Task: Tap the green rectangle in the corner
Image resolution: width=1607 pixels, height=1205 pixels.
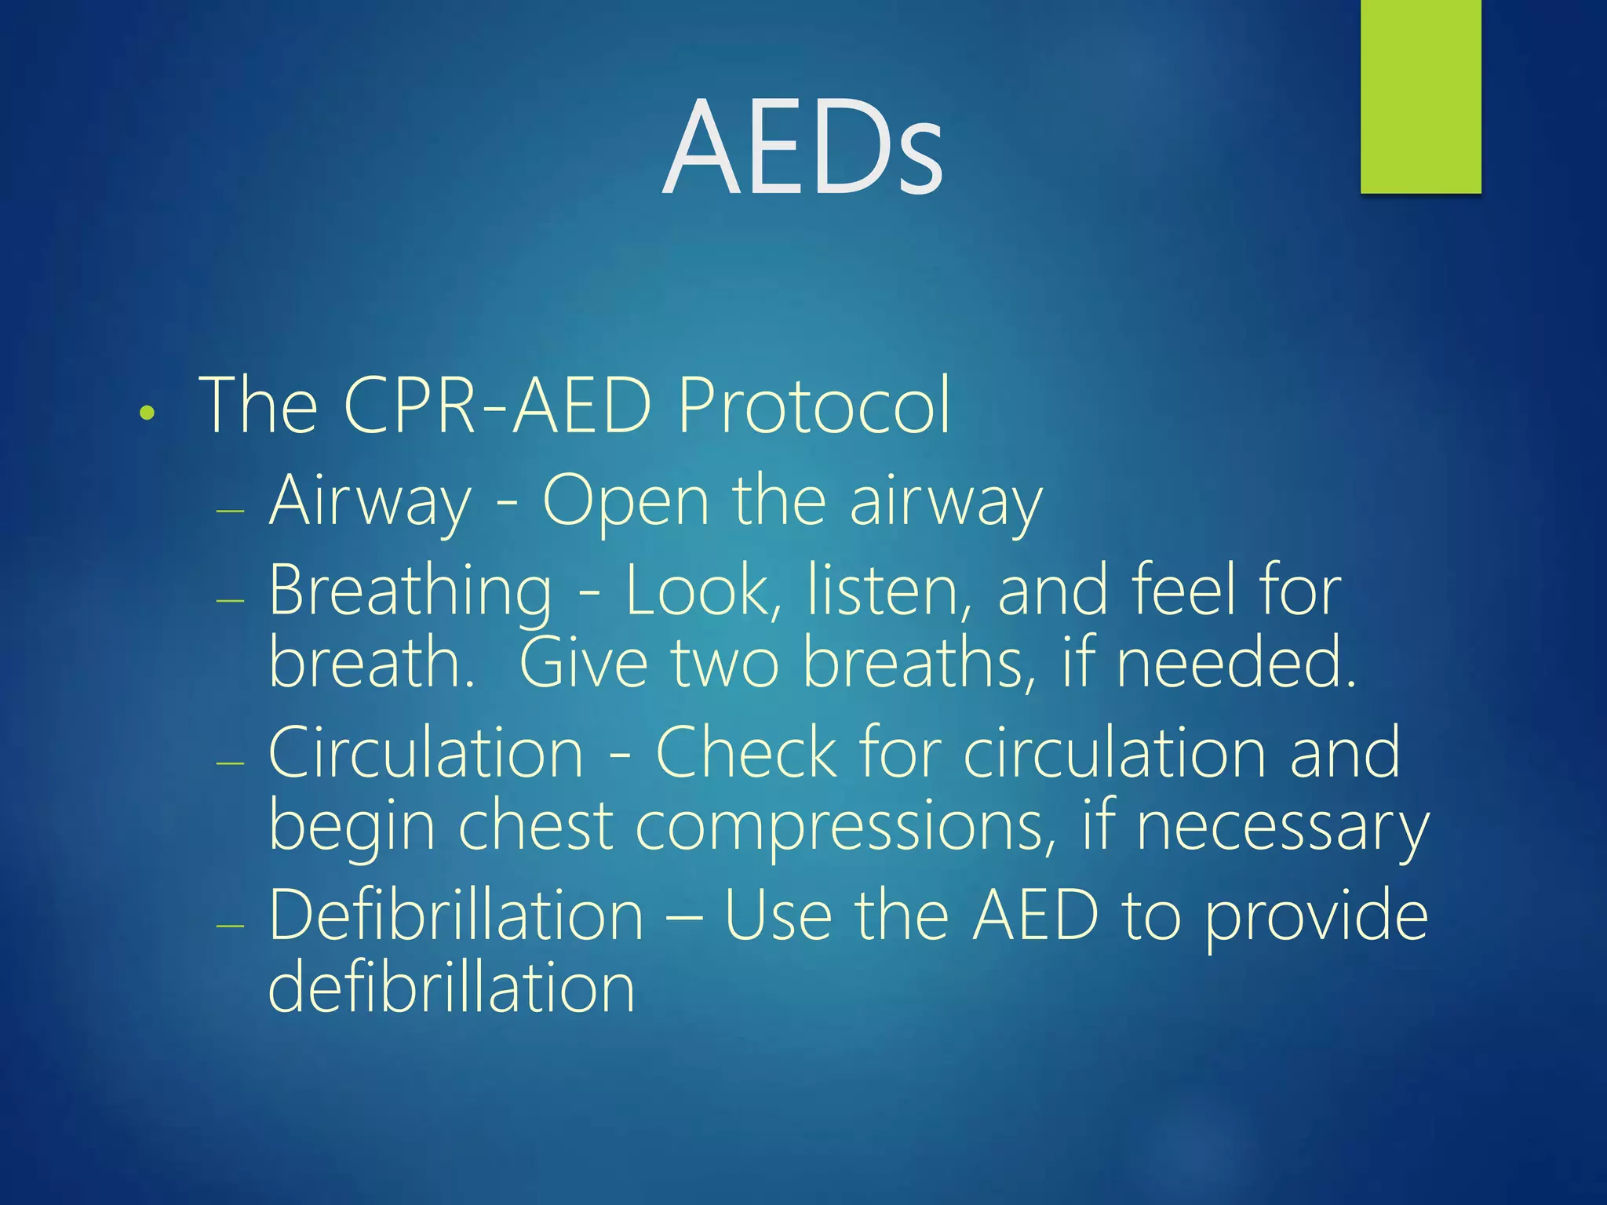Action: (x=1420, y=96)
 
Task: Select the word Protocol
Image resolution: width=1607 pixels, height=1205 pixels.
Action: (x=814, y=406)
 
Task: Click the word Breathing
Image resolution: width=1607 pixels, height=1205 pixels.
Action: (x=410, y=592)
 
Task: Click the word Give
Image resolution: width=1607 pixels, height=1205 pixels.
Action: (x=584, y=663)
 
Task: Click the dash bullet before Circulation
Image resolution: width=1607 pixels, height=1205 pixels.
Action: (x=231, y=763)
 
